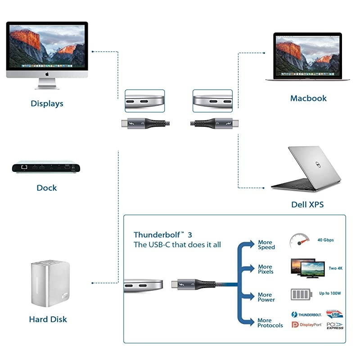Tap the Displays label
47,103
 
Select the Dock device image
46,166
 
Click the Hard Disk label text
48,319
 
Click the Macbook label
308,98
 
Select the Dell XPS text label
307,205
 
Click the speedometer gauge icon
299,241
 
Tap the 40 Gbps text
325,240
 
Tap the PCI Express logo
334,325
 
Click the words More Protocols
270,323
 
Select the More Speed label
266,245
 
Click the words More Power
266,297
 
